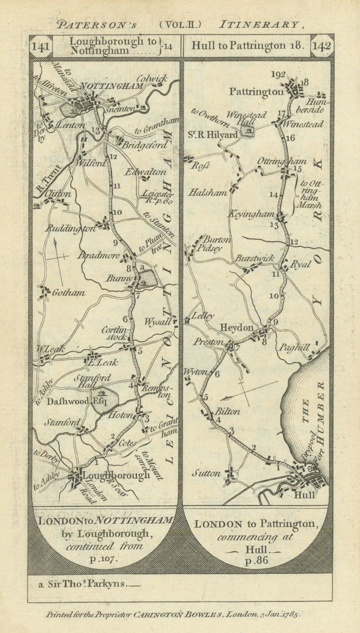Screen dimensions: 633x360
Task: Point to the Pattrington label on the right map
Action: point(256,91)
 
